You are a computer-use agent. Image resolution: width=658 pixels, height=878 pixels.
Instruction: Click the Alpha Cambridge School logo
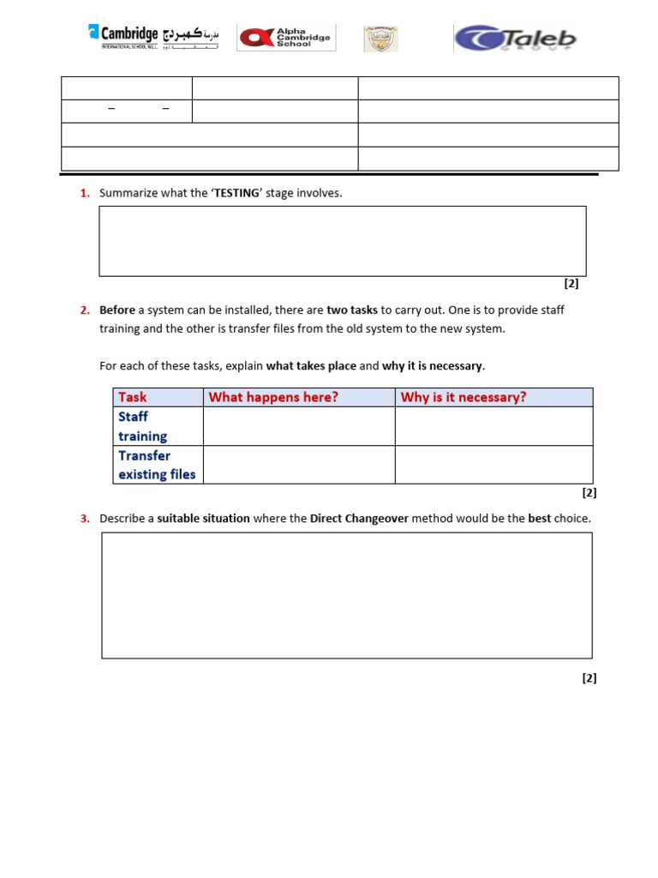tap(286, 38)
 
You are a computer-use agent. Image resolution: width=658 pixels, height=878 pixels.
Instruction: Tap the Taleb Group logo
tap(515, 39)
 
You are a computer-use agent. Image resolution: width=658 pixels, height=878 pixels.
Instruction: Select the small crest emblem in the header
tap(380, 39)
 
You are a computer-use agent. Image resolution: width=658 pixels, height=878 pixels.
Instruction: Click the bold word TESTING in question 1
tap(236, 193)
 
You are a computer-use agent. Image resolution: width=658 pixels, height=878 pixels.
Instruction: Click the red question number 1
tap(85, 193)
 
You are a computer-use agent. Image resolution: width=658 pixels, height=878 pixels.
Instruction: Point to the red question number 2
tap(85, 310)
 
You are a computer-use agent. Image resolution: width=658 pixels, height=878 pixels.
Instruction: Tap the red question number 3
tap(85, 519)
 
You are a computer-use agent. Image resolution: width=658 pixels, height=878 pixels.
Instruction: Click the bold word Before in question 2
tap(117, 310)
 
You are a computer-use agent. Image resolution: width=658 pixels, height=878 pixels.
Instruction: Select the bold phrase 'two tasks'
tap(352, 310)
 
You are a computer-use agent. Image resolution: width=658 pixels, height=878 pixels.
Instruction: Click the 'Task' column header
tap(133, 397)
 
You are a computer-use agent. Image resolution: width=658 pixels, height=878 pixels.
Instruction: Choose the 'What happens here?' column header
tap(273, 397)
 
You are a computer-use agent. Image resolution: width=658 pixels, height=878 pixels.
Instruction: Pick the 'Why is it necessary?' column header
tap(464, 397)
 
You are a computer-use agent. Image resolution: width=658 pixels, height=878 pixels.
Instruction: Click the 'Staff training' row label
tap(142, 426)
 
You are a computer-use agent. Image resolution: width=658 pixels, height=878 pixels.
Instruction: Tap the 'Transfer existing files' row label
tap(157, 465)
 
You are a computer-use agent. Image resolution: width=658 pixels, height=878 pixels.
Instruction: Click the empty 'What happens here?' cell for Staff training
tap(298, 426)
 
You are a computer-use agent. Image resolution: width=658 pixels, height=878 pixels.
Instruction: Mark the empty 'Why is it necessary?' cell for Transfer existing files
tap(493, 465)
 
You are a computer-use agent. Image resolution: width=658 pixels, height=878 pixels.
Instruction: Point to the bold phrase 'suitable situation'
tap(204, 519)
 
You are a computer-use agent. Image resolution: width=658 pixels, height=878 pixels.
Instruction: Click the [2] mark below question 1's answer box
tap(571, 284)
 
